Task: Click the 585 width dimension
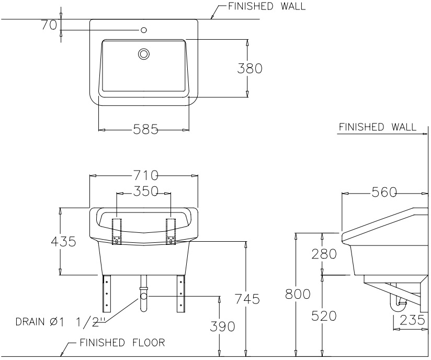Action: [146, 129]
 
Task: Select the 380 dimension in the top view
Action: [249, 68]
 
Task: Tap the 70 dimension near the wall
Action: [49, 25]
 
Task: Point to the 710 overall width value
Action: [146, 175]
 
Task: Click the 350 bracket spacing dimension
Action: [146, 191]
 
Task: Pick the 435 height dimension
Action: [63, 241]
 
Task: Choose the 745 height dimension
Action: [247, 299]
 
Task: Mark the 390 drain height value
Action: [222, 326]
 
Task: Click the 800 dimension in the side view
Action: [298, 294]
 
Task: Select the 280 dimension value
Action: [324, 254]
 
